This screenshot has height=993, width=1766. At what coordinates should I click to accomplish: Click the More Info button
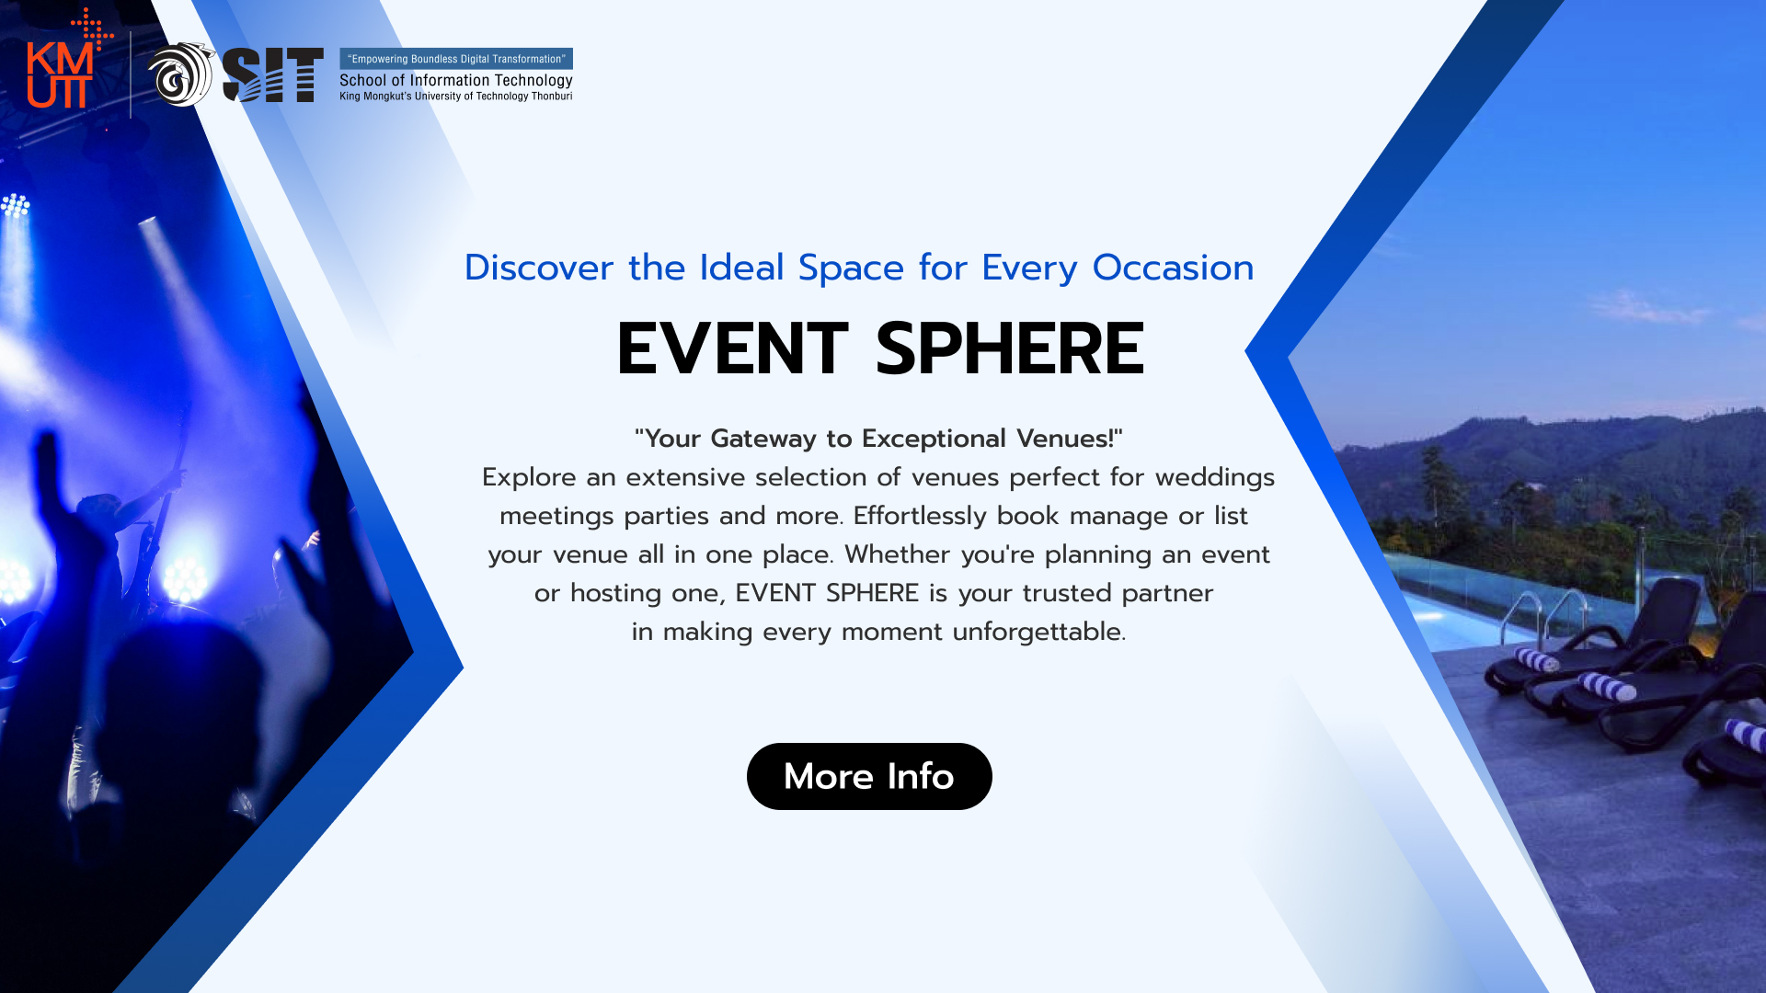pyautogui.click(x=869, y=776)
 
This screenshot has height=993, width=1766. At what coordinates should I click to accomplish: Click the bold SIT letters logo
pyautogui.click(x=273, y=74)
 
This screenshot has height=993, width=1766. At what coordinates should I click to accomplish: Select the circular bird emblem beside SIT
pyautogui.click(x=181, y=74)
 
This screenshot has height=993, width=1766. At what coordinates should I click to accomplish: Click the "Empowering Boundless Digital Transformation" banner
pyautogui.click(x=456, y=59)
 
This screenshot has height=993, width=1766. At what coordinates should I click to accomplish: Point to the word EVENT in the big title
pyautogui.click(x=733, y=348)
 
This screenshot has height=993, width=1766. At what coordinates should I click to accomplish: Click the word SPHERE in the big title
pyautogui.click(x=1010, y=348)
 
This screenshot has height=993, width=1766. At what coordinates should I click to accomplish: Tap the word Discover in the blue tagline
pyautogui.click(x=539, y=268)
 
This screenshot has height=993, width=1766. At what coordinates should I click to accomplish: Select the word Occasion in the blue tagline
pyautogui.click(x=1173, y=268)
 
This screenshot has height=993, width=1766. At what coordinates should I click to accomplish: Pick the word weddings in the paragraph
pyautogui.click(x=1215, y=478)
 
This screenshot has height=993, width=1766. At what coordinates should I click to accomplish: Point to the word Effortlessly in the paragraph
pyautogui.click(x=921, y=516)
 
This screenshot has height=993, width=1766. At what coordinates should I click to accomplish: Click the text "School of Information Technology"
pyautogui.click(x=456, y=80)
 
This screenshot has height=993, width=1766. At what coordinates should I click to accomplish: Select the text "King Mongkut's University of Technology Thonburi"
pyautogui.click(x=456, y=96)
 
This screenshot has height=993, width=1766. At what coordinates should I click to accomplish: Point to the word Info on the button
pyautogui.click(x=921, y=776)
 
